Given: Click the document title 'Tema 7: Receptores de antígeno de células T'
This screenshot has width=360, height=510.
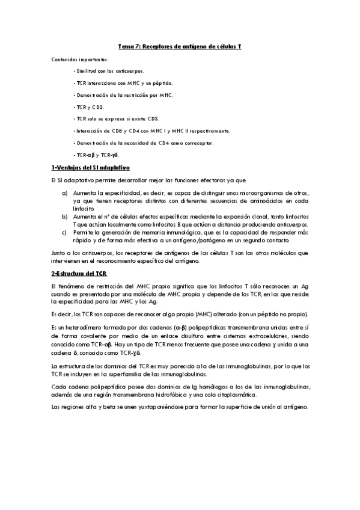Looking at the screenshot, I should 179,46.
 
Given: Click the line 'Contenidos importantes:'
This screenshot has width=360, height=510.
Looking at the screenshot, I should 80,60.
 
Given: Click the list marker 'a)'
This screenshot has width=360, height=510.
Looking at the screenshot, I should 65,192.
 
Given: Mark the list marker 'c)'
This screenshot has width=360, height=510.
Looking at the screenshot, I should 65,231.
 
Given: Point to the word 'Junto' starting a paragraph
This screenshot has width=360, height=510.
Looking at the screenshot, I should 59,253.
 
